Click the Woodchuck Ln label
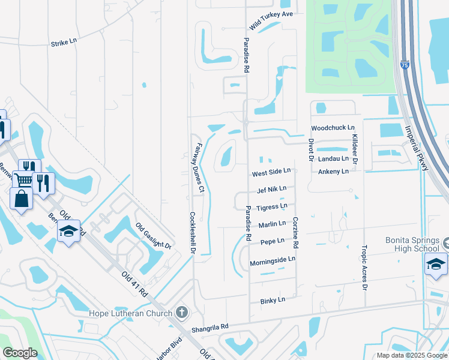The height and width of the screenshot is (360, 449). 333,128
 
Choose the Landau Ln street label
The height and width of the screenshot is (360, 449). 333,159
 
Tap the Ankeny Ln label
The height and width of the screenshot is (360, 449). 333,172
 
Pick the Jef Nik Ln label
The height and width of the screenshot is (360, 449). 271,190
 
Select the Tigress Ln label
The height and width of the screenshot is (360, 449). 271,207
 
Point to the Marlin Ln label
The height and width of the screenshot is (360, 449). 272,224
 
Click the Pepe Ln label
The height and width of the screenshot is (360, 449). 272,242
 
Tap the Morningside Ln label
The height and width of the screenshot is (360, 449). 273,259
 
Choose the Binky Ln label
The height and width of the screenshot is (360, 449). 273,299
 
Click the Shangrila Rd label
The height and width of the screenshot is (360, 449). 210,327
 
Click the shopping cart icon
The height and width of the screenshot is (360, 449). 23,179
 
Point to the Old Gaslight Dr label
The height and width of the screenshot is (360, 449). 154,236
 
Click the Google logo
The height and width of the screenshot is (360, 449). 20,353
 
